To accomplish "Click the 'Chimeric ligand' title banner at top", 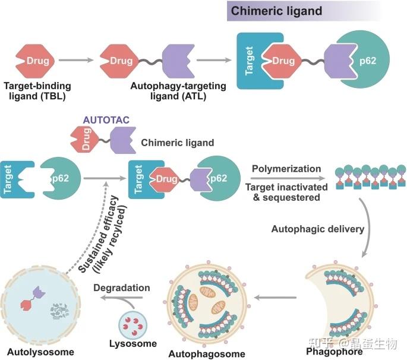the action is pos(304,11).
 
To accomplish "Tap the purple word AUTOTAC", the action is pos(106,120).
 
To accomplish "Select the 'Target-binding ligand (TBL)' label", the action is pos(37,91).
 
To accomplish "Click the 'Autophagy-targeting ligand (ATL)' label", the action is pos(178,91).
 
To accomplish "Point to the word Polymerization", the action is pos(286,169).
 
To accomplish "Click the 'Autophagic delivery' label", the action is pos(318,229).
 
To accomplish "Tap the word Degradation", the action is pos(122,288).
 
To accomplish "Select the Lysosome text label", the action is pos(133,343).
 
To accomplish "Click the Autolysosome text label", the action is pos(41,352).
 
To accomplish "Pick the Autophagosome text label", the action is pos(207,354).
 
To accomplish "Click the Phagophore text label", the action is pos(335,352).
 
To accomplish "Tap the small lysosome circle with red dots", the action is pos(132,325).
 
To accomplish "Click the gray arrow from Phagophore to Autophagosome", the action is pos(275,298).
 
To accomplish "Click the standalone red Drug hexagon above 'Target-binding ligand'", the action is pos(35,61).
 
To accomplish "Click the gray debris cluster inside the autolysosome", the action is pos(60,311).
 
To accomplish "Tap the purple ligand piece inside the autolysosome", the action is pos(39,292).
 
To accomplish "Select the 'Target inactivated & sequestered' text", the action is pos(286,192).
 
